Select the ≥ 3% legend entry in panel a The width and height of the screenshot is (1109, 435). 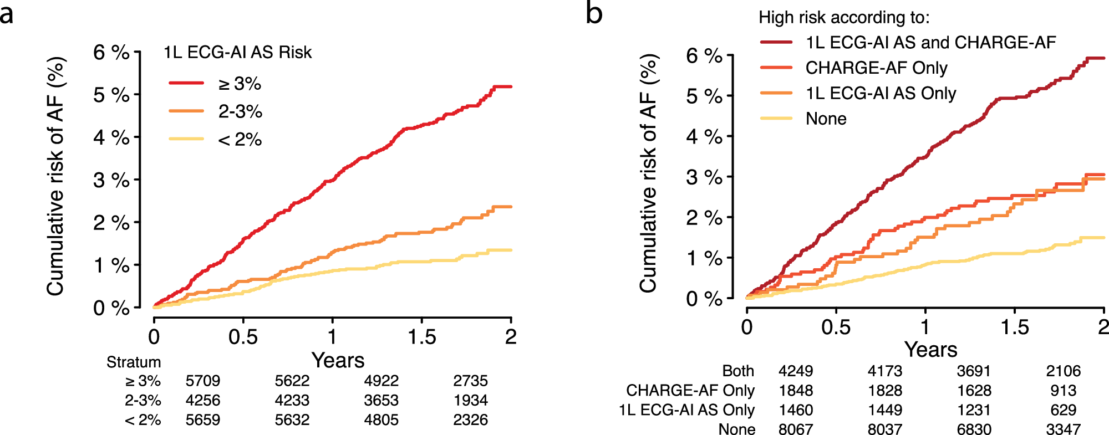tap(239, 84)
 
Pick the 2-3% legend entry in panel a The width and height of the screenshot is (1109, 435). tap(240, 111)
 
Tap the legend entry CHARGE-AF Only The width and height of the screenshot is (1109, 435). tap(876, 68)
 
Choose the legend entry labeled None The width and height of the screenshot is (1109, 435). tap(826, 119)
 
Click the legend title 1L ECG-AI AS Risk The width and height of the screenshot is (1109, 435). tap(237, 52)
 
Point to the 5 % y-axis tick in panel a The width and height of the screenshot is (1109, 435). tap(111, 95)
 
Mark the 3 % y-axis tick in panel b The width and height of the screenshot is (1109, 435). tap(704, 177)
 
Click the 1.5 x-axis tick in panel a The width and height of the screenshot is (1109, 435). tap(421, 336)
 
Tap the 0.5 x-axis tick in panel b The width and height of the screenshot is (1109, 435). tap(836, 327)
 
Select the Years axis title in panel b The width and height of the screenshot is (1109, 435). tap(930, 350)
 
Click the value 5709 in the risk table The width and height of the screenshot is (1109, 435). tap(202, 381)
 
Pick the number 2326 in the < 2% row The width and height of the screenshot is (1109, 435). tap(470, 419)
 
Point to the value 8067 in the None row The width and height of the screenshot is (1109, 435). tap(795, 429)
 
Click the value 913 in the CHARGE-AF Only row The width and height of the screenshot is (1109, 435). tap(1063, 390)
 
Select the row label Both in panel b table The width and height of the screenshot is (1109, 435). tap(737, 371)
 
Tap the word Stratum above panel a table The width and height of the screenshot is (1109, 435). tap(134, 362)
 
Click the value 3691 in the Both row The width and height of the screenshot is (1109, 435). tap(974, 371)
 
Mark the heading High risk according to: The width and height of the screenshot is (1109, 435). tap(843, 17)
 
